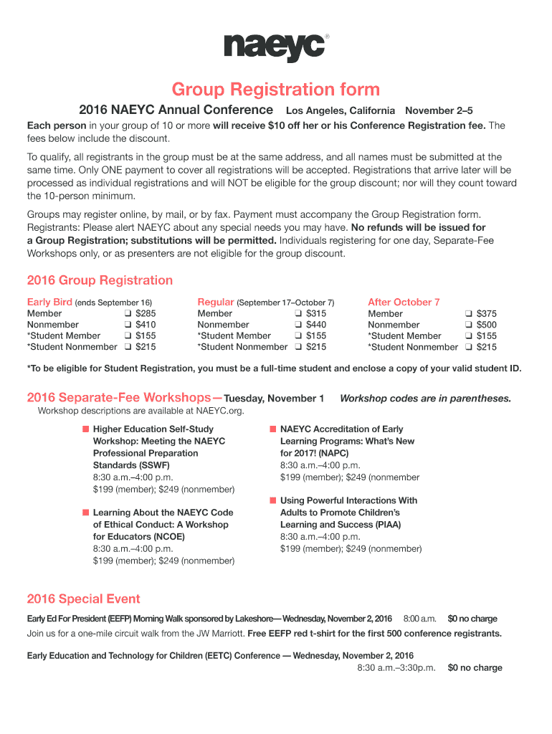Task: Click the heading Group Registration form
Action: pos(276,90)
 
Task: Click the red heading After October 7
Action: pos(404,302)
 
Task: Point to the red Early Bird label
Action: pos(49,302)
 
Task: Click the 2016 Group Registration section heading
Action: pos(100,280)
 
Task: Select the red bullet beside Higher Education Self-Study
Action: pos(85,429)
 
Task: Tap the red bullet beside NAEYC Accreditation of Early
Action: pos(272,429)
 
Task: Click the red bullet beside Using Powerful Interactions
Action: pos(272,500)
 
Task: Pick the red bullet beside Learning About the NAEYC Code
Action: pos(85,513)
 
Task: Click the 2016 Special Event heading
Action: pos(83,599)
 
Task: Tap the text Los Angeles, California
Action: pos(341,111)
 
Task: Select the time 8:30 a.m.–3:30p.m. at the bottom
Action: pos(396,668)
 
